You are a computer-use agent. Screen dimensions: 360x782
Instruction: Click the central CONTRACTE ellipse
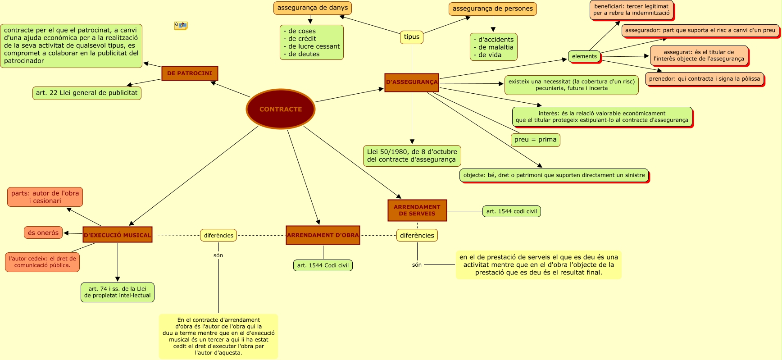click(x=280, y=109)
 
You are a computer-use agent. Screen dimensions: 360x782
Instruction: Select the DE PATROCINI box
click(x=190, y=73)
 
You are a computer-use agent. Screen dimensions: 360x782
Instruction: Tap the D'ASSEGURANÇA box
click(x=412, y=82)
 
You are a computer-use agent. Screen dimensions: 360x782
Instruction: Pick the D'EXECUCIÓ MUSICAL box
click(x=118, y=235)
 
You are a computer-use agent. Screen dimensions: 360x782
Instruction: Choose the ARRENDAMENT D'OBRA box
click(x=323, y=235)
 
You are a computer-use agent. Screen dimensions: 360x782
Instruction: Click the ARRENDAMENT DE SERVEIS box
click(x=417, y=210)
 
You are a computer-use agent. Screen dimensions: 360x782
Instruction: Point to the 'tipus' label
click(x=412, y=37)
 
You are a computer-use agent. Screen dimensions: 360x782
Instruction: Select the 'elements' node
click(x=584, y=56)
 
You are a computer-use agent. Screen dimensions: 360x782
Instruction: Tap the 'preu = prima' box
click(x=535, y=140)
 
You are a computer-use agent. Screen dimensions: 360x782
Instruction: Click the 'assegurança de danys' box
click(x=313, y=8)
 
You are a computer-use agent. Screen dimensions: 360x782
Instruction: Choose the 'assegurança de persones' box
click(x=492, y=9)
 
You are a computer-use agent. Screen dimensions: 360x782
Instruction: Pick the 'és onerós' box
click(x=43, y=233)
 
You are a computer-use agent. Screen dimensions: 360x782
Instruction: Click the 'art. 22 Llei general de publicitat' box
click(x=86, y=93)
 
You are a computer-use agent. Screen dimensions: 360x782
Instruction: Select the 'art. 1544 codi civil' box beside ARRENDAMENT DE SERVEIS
click(x=511, y=211)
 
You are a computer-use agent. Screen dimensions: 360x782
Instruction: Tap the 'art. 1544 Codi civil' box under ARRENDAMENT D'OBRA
click(x=323, y=265)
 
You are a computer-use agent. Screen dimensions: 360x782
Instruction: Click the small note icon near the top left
click(x=181, y=26)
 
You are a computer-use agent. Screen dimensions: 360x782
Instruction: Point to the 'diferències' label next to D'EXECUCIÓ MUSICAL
click(x=218, y=235)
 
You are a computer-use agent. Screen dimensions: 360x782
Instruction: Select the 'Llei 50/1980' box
click(x=412, y=156)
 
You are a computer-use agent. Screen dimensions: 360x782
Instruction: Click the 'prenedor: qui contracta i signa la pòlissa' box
click(x=704, y=79)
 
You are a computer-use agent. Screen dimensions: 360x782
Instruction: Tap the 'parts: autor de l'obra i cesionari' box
click(x=45, y=197)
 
